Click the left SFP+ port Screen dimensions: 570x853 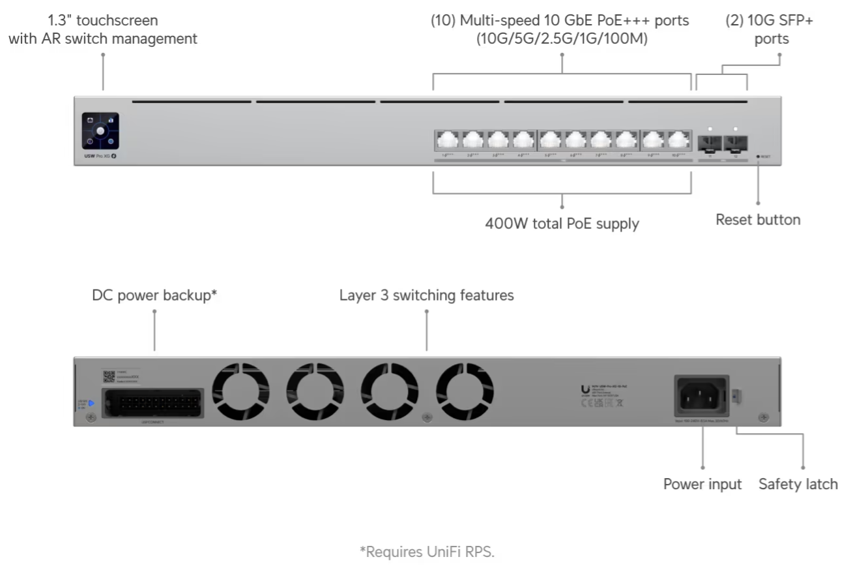pyautogui.click(x=709, y=143)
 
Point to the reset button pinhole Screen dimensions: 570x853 pyautogui.click(x=758, y=157)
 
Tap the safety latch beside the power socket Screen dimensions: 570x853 pyautogui.click(x=737, y=395)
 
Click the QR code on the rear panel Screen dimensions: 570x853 pyautogui.click(x=109, y=376)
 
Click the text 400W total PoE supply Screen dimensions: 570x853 pyautogui.click(x=562, y=224)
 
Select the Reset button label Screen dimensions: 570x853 pyautogui.click(x=758, y=220)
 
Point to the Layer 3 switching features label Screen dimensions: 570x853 pyautogui.click(x=426, y=295)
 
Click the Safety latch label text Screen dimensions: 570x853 pyautogui.click(x=798, y=485)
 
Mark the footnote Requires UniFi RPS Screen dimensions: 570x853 pyautogui.click(x=427, y=552)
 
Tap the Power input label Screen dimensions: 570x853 pyautogui.click(x=702, y=485)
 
